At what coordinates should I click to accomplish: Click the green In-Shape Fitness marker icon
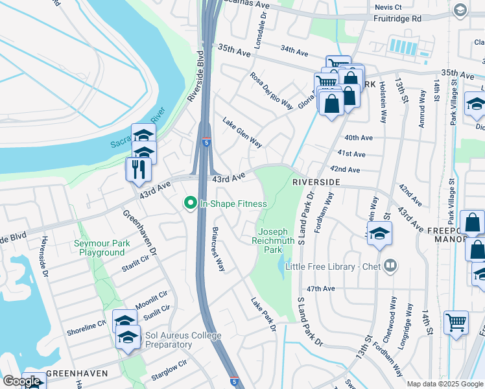[x=191, y=204]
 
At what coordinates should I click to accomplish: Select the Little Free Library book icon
[x=390, y=265]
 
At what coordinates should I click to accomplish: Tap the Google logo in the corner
[x=22, y=382]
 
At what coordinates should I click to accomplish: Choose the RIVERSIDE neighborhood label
[x=316, y=183]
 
